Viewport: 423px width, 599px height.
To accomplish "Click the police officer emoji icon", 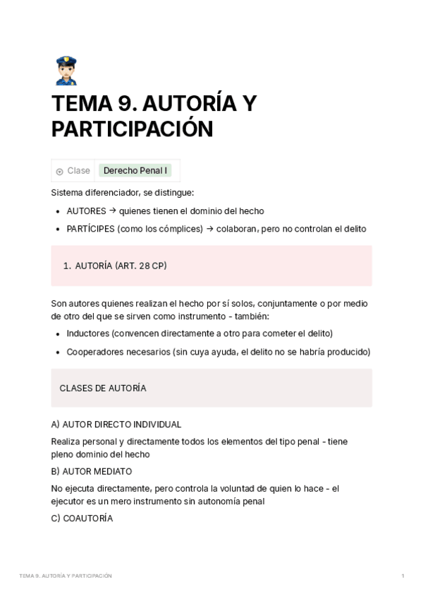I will [x=65, y=71].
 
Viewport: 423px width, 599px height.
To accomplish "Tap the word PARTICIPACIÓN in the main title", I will [x=132, y=130].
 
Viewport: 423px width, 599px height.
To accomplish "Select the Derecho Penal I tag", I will [x=135, y=170].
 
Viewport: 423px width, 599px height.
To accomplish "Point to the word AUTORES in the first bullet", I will [x=86, y=210].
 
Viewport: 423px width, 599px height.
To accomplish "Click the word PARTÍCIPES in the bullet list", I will [x=90, y=228].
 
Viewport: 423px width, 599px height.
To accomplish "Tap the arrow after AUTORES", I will [x=112, y=210].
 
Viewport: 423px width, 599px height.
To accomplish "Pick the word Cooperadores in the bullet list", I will [x=95, y=351].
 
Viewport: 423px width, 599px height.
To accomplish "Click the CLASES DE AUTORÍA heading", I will [x=103, y=388].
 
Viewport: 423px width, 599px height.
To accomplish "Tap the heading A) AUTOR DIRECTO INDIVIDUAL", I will [x=116, y=425].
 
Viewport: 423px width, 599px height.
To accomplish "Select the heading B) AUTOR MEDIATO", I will [x=92, y=471].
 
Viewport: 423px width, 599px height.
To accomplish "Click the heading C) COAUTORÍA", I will [x=82, y=518].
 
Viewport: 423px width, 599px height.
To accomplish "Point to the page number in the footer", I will [x=402, y=576].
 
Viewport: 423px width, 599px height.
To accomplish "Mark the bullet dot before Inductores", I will [x=57, y=333].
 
